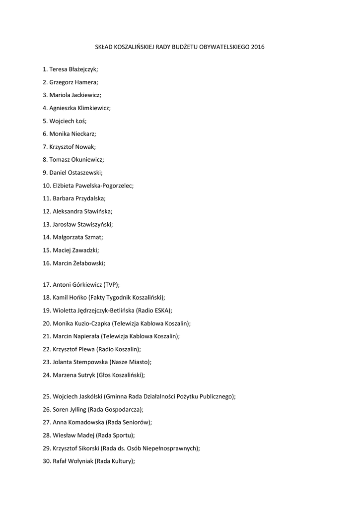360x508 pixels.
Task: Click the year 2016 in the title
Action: [258, 48]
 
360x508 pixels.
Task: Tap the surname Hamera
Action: [86, 82]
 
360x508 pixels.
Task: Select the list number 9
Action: [45, 173]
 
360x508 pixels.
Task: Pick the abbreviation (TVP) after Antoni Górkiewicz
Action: [111, 285]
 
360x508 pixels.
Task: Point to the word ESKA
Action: [161, 311]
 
